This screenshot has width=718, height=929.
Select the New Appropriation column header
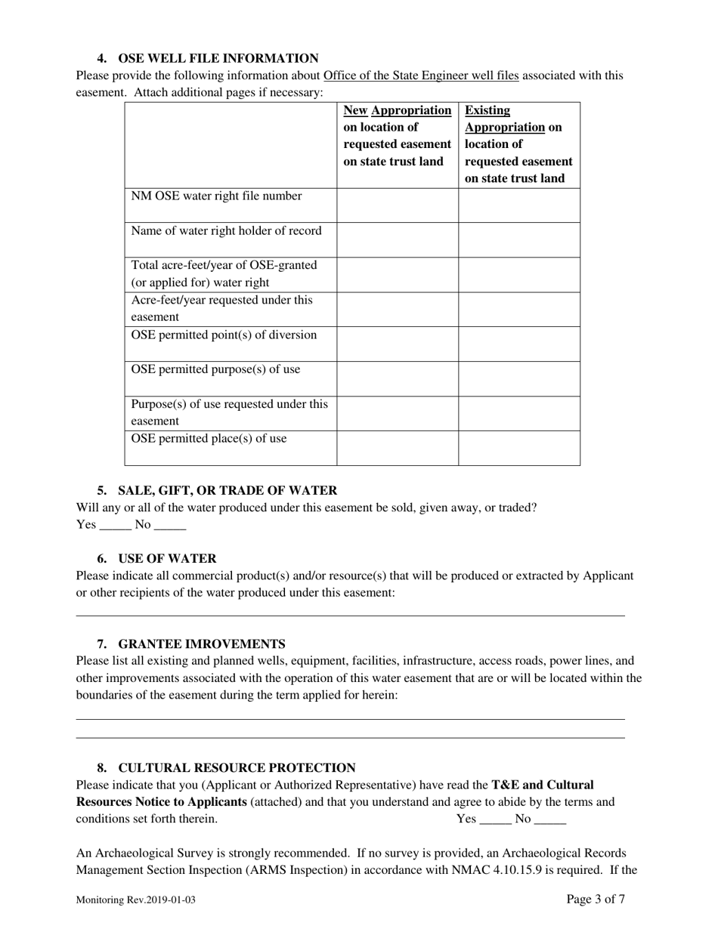coord(397,136)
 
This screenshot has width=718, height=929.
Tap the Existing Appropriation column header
coord(518,144)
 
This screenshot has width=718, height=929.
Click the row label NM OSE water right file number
coord(217,196)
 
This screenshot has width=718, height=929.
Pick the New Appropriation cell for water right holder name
coord(398,239)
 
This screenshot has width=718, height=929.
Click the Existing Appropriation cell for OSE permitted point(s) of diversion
coord(519,344)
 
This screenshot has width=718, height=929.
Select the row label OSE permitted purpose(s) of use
coord(215,370)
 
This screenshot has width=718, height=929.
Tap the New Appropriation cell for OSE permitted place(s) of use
coord(398,447)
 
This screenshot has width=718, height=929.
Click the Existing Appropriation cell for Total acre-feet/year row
coord(519,274)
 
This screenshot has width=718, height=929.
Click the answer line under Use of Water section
coord(351,614)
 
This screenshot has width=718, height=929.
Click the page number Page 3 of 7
coord(596,899)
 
